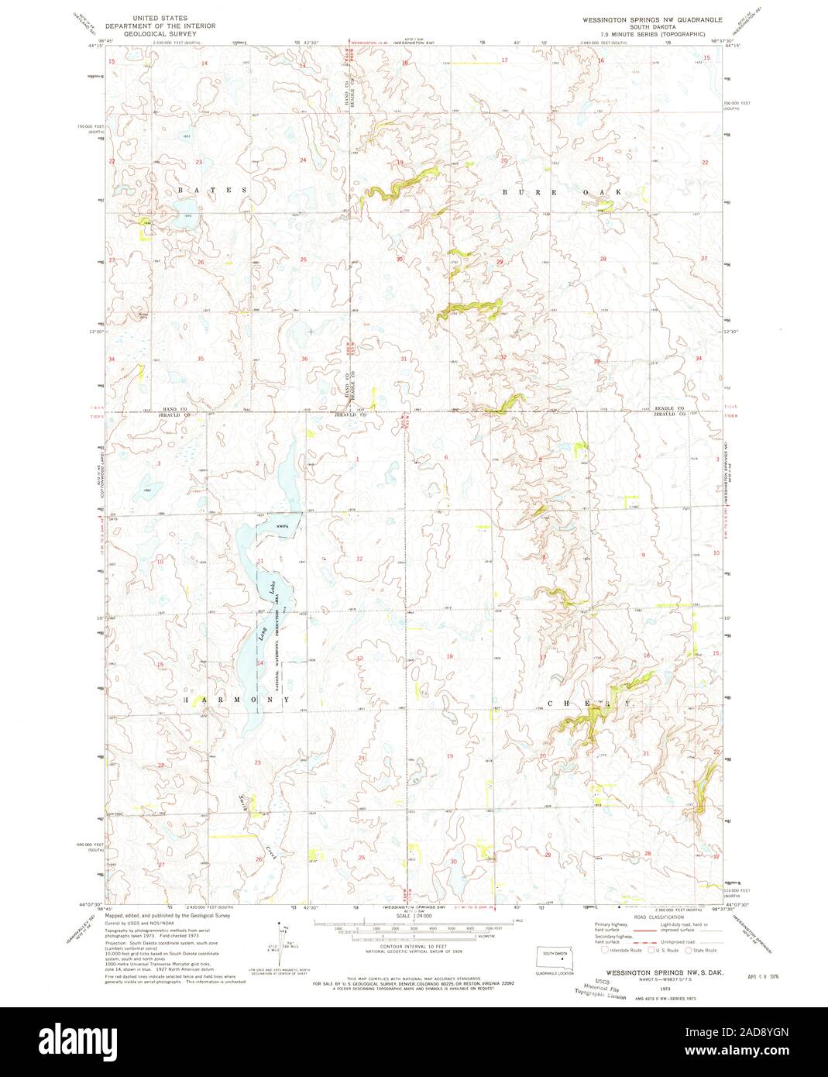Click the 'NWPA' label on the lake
282,528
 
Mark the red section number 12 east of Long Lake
359,559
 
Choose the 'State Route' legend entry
703,950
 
